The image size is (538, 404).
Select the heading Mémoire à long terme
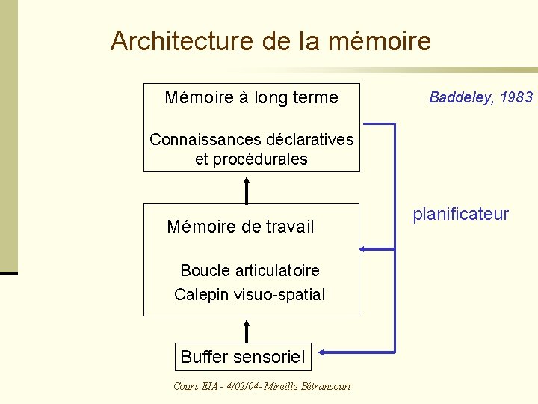tap(251, 97)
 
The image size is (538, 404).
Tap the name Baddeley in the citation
tap(458, 97)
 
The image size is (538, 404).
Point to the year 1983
tap(518, 97)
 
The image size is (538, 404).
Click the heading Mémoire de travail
tap(241, 227)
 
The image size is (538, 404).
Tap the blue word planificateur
tap(460, 215)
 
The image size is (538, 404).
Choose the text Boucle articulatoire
tap(250, 270)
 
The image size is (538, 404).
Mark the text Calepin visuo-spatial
tap(250, 295)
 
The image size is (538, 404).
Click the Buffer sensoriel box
tap(243, 358)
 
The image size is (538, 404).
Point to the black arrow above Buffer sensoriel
tap(247, 328)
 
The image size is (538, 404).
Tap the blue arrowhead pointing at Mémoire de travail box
tap(364, 248)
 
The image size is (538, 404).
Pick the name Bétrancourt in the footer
tap(326, 386)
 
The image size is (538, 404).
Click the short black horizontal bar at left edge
tap(8, 274)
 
